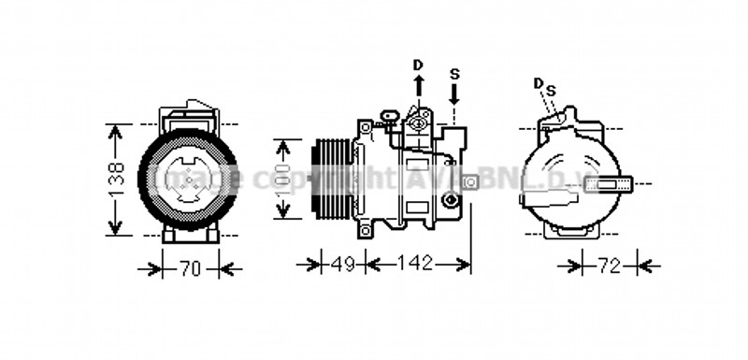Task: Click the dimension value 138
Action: tap(116, 180)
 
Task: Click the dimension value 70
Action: tap(190, 268)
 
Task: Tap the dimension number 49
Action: tap(343, 265)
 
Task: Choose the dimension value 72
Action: tap(609, 266)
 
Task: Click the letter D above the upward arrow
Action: tap(418, 65)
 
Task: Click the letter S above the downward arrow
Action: tap(454, 73)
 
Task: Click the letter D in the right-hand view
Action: tap(539, 83)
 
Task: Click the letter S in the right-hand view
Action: tap(551, 90)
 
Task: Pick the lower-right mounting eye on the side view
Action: tap(451, 199)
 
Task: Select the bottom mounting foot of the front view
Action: tap(191, 234)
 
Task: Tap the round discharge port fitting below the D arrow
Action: tap(417, 121)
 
